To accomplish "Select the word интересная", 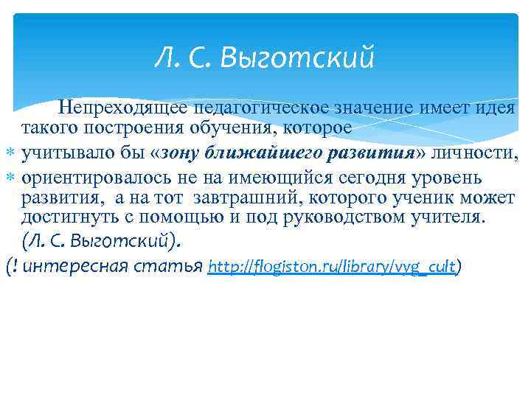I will (76, 266).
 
